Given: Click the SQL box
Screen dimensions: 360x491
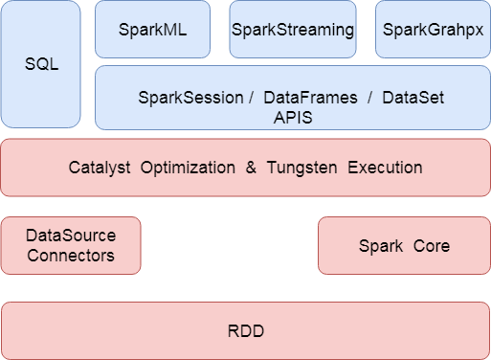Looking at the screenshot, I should pyautogui.click(x=41, y=64).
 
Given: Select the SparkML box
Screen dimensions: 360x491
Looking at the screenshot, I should pyautogui.click(x=153, y=29).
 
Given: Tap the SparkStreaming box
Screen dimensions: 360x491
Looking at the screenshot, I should pyautogui.click(x=293, y=29).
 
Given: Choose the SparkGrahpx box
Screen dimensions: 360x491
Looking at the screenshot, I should pyautogui.click(x=433, y=29).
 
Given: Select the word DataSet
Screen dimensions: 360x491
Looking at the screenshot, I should pyautogui.click(x=413, y=98).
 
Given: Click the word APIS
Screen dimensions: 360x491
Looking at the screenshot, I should pyautogui.click(x=293, y=117).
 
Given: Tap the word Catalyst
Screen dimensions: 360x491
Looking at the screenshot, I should pyautogui.click(x=100, y=168).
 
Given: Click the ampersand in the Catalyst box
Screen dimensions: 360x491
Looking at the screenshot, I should pyautogui.click(x=251, y=168).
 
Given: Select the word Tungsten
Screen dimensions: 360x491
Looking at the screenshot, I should pyautogui.click(x=302, y=168).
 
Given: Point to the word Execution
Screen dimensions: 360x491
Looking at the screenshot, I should pyautogui.click(x=385, y=168).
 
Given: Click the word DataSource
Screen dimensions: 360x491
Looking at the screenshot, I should pyautogui.click(x=71, y=236).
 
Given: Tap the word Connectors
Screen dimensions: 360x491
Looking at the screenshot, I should pyautogui.click(x=71, y=255).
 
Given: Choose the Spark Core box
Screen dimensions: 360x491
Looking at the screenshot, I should pyautogui.click(x=404, y=245).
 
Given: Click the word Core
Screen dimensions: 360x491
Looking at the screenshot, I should pyautogui.click(x=432, y=246).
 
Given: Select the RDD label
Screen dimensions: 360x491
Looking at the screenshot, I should pyautogui.click(x=245, y=331).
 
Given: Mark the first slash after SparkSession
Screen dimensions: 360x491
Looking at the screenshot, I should pyautogui.click(x=250, y=98).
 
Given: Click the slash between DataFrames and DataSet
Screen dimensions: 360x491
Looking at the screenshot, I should pyautogui.click(x=368, y=98).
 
